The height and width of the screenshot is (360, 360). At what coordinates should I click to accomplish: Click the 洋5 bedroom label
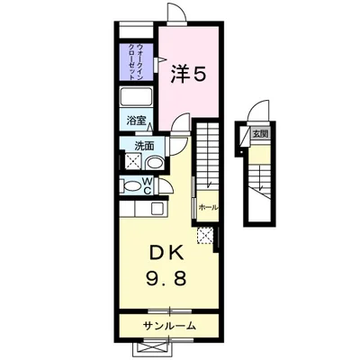pos(189,76)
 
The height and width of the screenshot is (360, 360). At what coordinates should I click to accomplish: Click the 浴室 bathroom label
pos(137,120)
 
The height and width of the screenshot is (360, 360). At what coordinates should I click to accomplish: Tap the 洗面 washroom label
pos(145,145)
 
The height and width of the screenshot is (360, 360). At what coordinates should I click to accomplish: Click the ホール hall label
pos(207,207)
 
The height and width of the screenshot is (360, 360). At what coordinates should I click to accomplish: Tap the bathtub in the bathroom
pos(139,97)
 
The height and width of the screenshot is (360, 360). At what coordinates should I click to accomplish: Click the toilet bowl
pos(135,186)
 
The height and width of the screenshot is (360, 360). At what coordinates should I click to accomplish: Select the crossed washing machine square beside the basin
pos(132,162)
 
